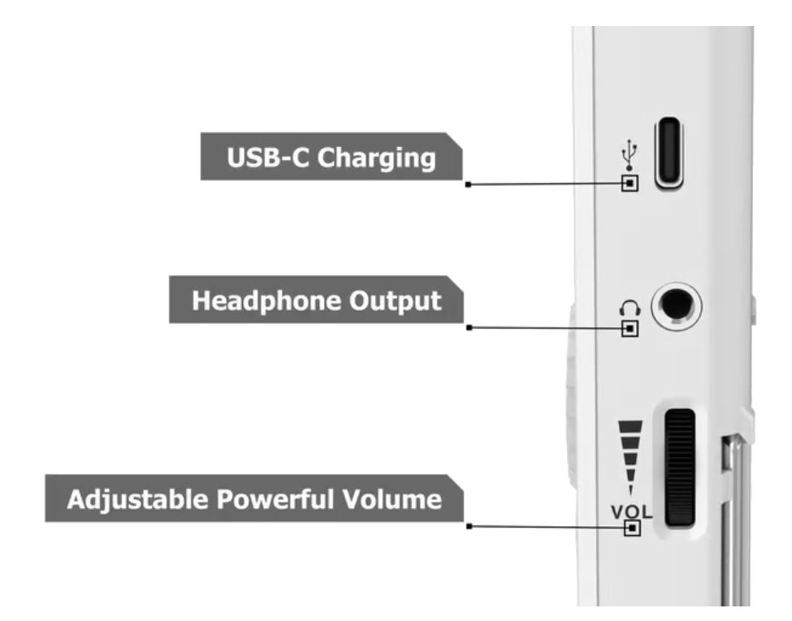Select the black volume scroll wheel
pos(679,468)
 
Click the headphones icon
pos(630,308)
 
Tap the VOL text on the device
pos(631,512)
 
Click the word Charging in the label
pos(375,157)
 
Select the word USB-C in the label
pos(266,157)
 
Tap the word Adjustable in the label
pos(136,498)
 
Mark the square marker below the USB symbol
pos(629,183)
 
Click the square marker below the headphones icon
pos(630,328)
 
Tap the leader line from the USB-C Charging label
pos(544,184)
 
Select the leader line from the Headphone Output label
pos(544,328)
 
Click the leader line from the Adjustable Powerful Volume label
pos(544,527)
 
